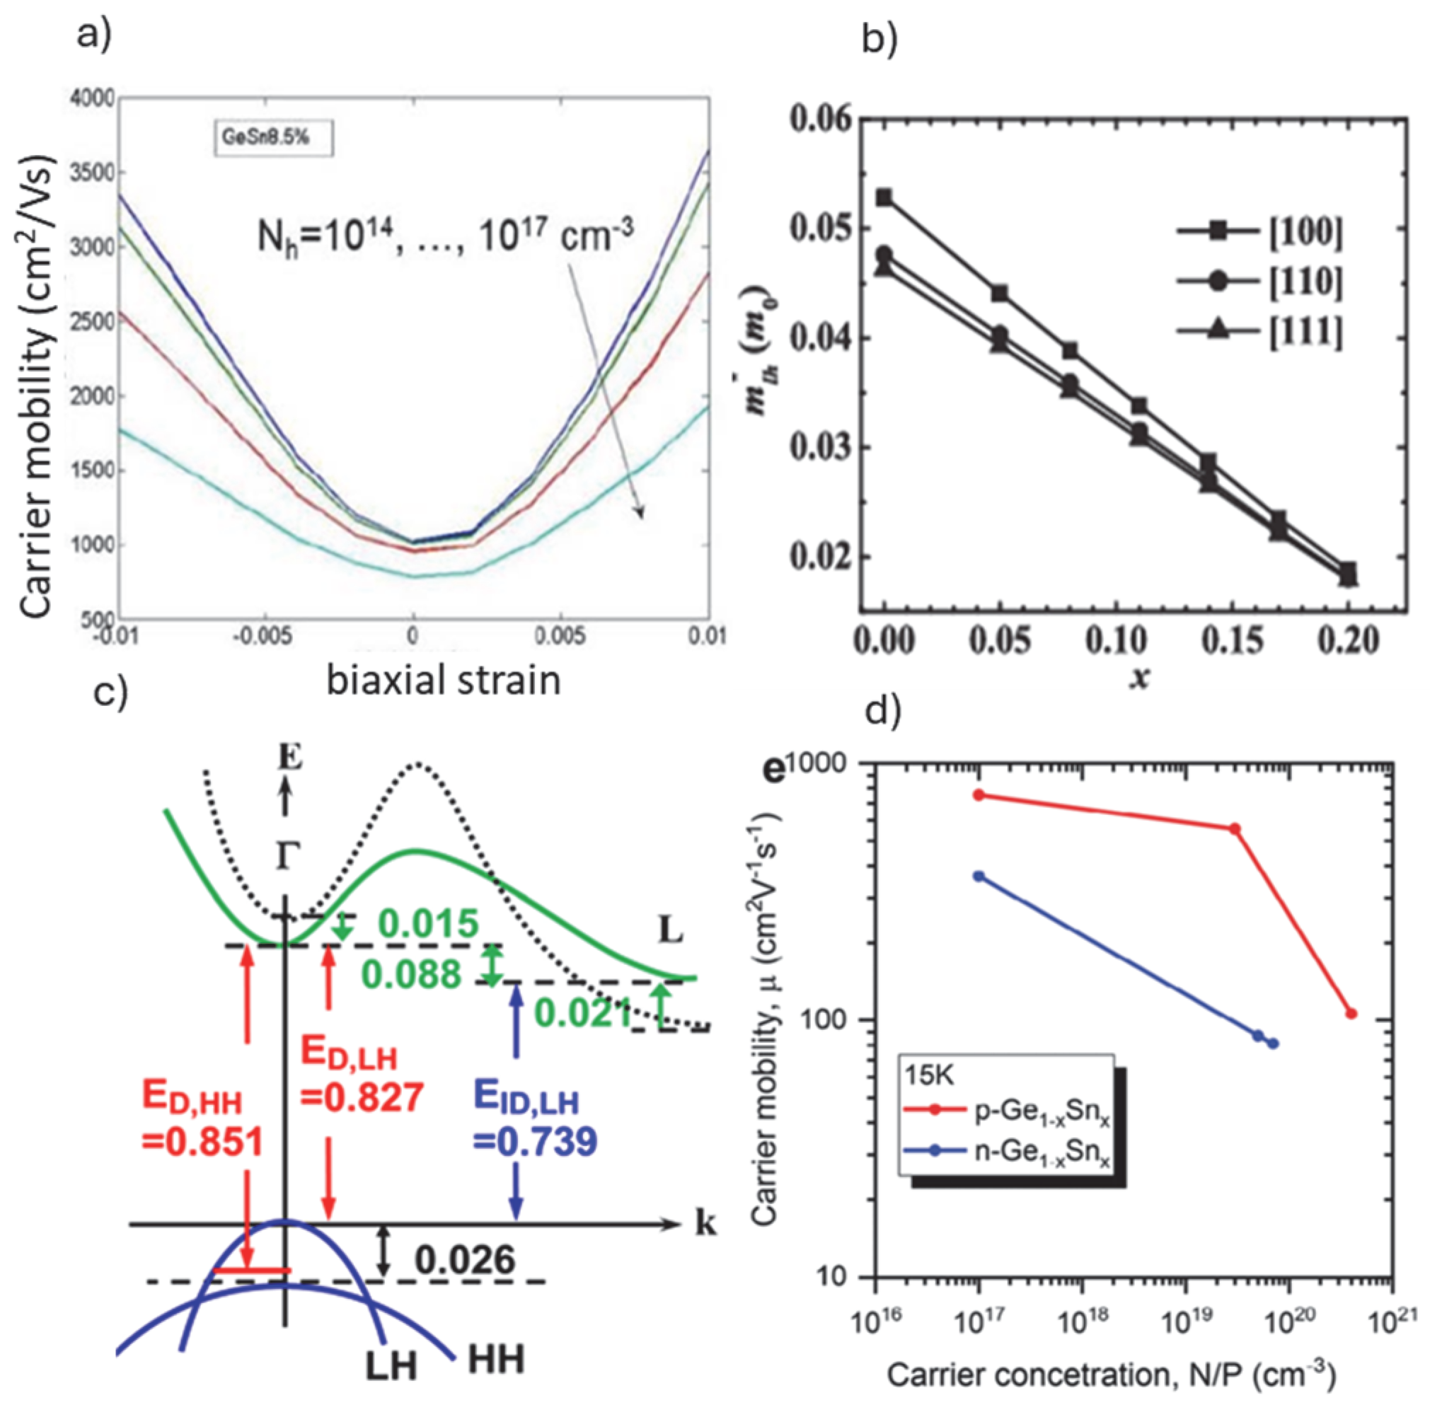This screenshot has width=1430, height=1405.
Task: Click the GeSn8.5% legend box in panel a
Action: pos(274,139)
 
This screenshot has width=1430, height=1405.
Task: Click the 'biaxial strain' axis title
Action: pos(444,680)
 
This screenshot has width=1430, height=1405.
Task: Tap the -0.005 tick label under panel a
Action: pos(263,636)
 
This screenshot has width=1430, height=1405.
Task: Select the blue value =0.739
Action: pos(534,1142)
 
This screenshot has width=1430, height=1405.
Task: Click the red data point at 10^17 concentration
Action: pos(979,794)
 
